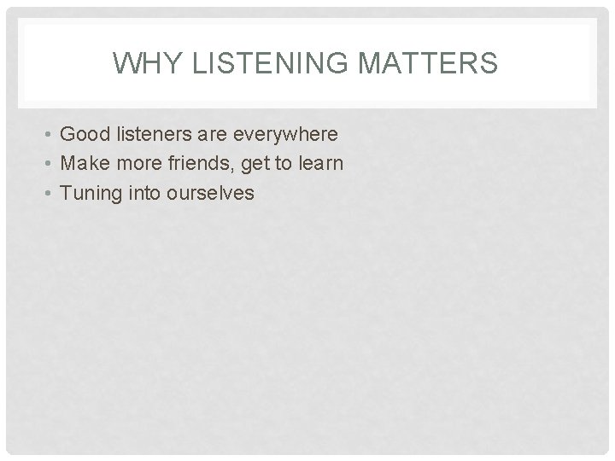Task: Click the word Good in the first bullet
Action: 84,135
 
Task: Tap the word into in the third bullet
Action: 143,193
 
